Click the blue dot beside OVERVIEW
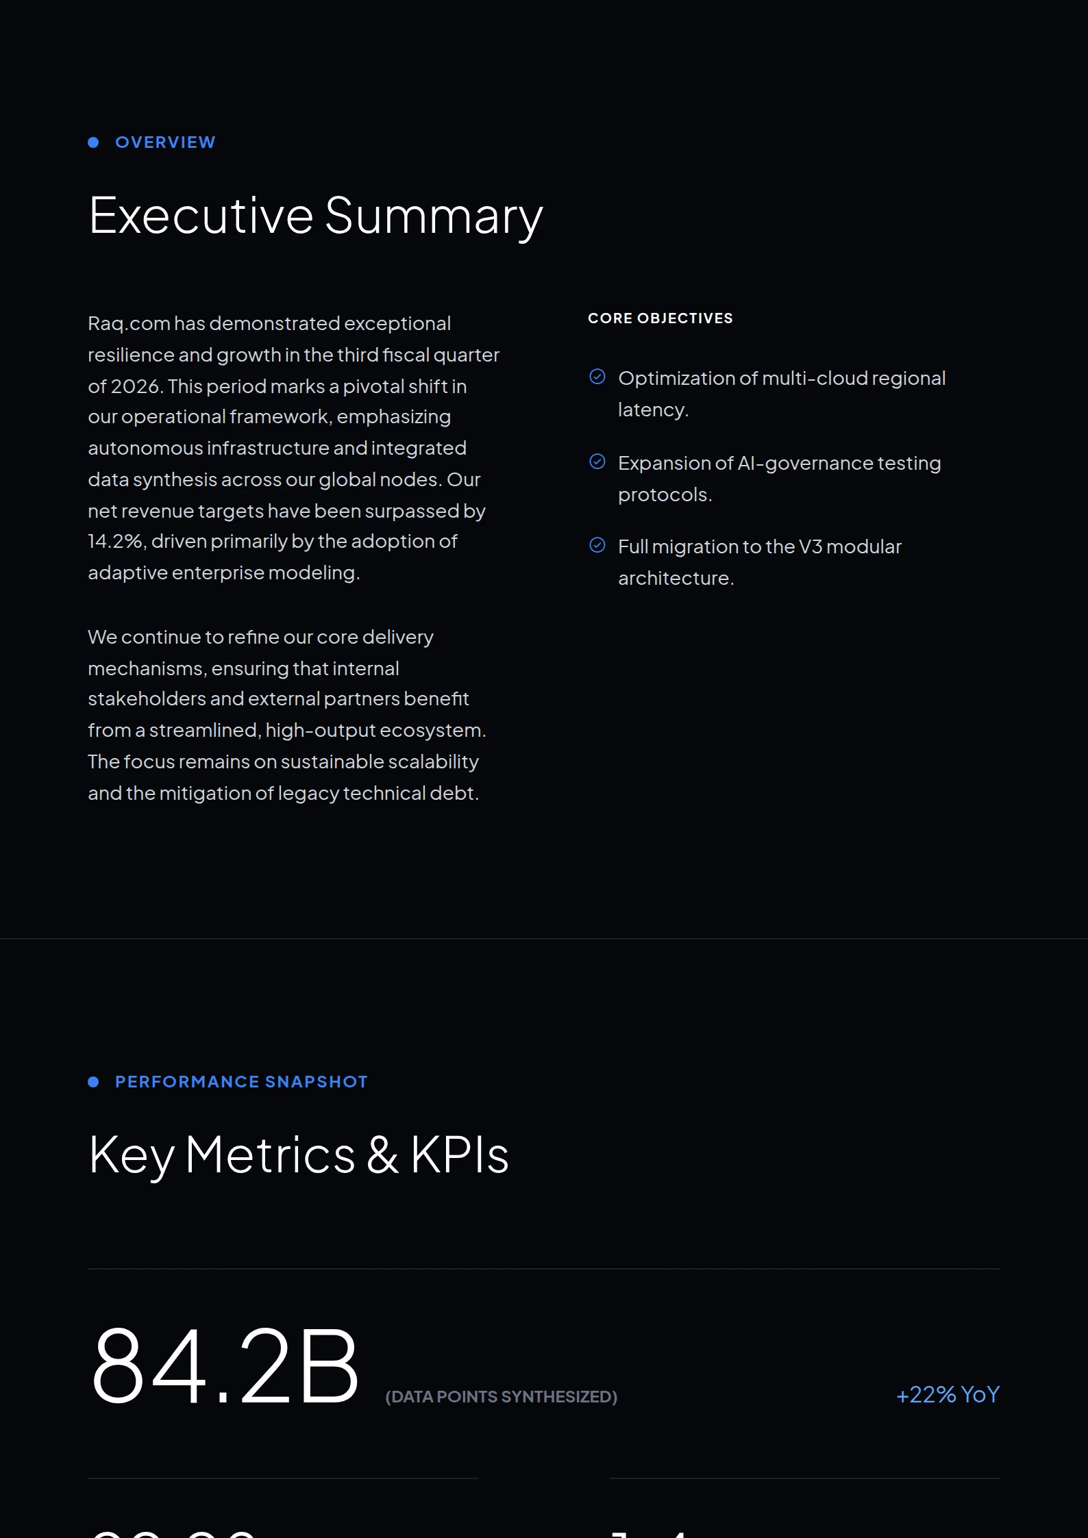click(x=93, y=142)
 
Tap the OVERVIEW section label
click(x=165, y=142)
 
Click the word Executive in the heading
click(x=201, y=216)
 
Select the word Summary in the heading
click(x=433, y=216)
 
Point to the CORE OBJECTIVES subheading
click(x=660, y=318)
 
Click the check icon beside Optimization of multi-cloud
click(x=597, y=377)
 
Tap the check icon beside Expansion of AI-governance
click(x=597, y=462)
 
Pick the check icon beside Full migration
click(x=597, y=545)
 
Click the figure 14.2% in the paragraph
click(x=115, y=542)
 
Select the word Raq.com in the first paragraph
click(x=129, y=324)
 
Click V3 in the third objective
click(x=810, y=547)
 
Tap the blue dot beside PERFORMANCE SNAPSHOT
click(x=93, y=1082)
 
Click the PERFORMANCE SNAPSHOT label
click(x=241, y=1082)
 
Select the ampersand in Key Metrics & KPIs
click(x=382, y=1155)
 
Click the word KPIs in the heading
click(x=459, y=1155)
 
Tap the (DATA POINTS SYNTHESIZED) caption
click(x=501, y=1397)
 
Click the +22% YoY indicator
click(x=948, y=1395)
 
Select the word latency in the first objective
click(x=651, y=410)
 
